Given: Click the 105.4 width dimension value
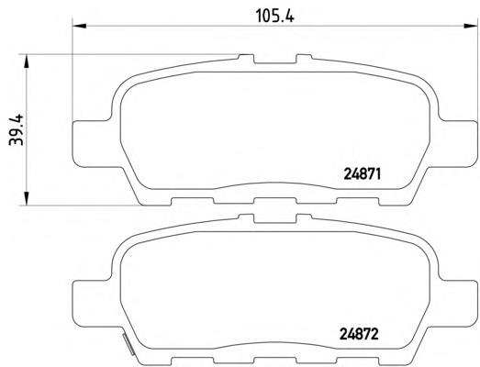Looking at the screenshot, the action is pos(274,16).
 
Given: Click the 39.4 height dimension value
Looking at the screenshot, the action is pos(16,129).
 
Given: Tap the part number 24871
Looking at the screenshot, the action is pos(363,174).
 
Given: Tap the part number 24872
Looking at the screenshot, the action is pos(359,334).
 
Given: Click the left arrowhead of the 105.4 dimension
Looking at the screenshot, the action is pos(79,26).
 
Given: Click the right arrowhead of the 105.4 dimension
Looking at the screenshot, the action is pos(471,26).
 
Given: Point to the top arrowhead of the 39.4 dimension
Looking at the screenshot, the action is pos(27,61).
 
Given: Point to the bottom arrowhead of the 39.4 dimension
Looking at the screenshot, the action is pos(27,198).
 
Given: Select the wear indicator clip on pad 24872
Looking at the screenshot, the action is pos(128,344).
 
